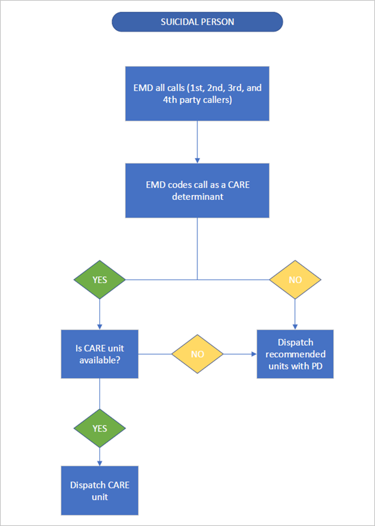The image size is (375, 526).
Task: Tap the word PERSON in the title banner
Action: [x=217, y=22]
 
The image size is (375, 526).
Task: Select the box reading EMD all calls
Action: [x=197, y=93]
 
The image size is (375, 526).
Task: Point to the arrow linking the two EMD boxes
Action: [x=197, y=142]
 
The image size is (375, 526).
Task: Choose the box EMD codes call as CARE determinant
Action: [x=197, y=190]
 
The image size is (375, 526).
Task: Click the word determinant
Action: [x=197, y=197]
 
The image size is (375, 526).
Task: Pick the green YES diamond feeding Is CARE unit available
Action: [x=99, y=279]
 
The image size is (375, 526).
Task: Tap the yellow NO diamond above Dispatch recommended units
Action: [x=295, y=279]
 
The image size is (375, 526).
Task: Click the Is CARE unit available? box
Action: [x=99, y=354]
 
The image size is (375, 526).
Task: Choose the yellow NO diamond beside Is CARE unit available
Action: [x=197, y=354]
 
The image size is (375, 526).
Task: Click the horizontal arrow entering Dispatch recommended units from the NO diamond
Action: [x=241, y=354]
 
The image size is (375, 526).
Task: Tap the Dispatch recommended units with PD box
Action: [x=295, y=354]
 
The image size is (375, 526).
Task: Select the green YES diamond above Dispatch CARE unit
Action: [x=99, y=428]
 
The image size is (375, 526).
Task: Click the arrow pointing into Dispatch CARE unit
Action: [x=99, y=456]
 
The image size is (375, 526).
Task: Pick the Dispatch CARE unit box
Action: [x=99, y=490]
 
